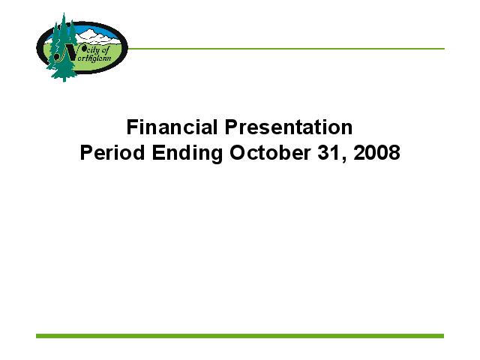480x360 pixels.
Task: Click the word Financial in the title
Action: [x=172, y=127]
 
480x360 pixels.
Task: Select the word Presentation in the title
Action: [x=289, y=127]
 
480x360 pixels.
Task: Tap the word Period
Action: [x=112, y=152]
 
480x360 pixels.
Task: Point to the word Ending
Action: [x=187, y=153]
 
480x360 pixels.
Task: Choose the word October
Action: [x=270, y=152]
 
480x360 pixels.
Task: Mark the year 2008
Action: [x=376, y=152]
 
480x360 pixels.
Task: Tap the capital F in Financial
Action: [x=132, y=127]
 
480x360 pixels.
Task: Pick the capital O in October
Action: [x=238, y=152]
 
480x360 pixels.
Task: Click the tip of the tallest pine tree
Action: [x=64, y=13]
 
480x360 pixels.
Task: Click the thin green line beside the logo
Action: [x=286, y=49]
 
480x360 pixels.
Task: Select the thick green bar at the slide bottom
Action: [x=240, y=336]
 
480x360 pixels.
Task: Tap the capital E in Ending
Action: [x=158, y=152]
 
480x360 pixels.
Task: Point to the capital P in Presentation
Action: [x=232, y=127]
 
